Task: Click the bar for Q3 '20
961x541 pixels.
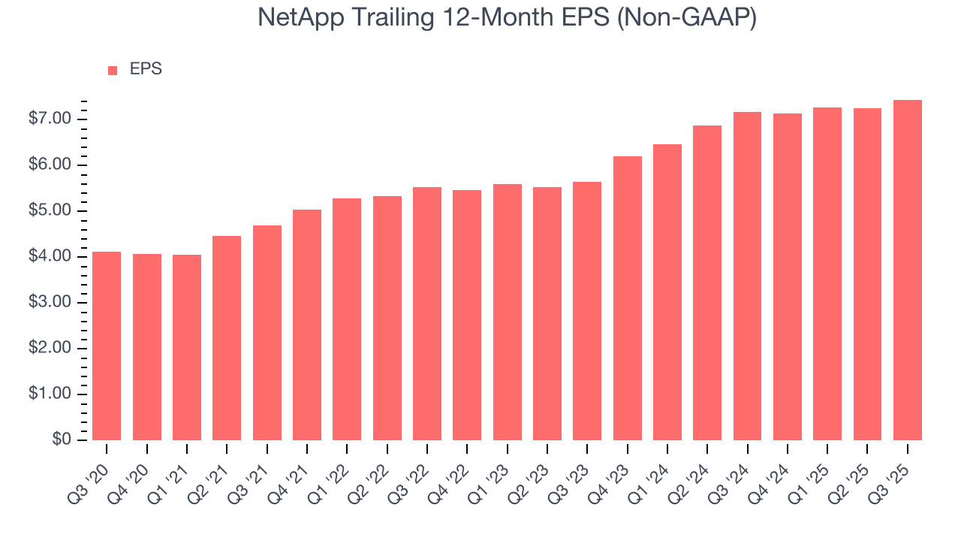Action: (107, 346)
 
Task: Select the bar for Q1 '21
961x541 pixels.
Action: (187, 347)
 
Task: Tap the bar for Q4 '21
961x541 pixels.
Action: (307, 325)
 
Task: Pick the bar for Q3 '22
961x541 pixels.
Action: (427, 313)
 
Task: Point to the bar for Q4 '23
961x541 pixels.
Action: (627, 298)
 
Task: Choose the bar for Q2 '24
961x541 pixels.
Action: (707, 283)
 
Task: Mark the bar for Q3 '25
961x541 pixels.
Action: (908, 270)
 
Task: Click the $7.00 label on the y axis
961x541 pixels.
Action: (50, 119)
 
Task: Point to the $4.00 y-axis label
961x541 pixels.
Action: (50, 257)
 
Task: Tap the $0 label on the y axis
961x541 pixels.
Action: (61, 440)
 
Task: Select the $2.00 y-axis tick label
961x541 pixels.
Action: (50, 349)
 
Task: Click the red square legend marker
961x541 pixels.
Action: (113, 70)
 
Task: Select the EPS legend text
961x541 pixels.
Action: (146, 69)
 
